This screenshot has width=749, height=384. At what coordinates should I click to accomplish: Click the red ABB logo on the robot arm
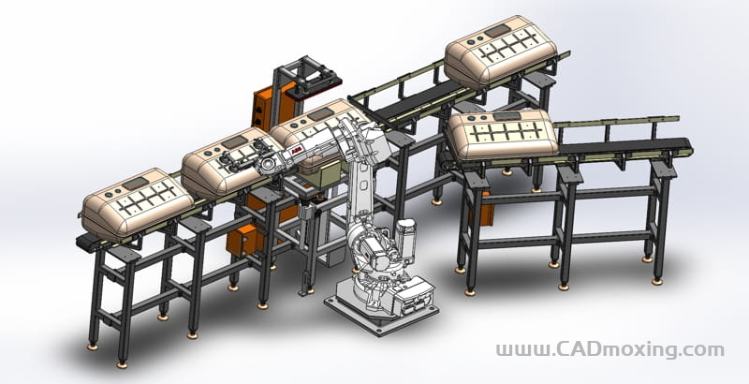pyautogui.click(x=296, y=152)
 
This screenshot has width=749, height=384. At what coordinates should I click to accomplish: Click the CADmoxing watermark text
pyautogui.click(x=610, y=349)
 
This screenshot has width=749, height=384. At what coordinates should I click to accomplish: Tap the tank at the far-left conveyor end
pyautogui.click(x=138, y=202)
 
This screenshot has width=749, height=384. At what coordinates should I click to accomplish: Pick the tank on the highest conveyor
pyautogui.click(x=501, y=51)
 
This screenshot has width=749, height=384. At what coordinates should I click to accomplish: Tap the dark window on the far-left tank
pyautogui.click(x=136, y=183)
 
